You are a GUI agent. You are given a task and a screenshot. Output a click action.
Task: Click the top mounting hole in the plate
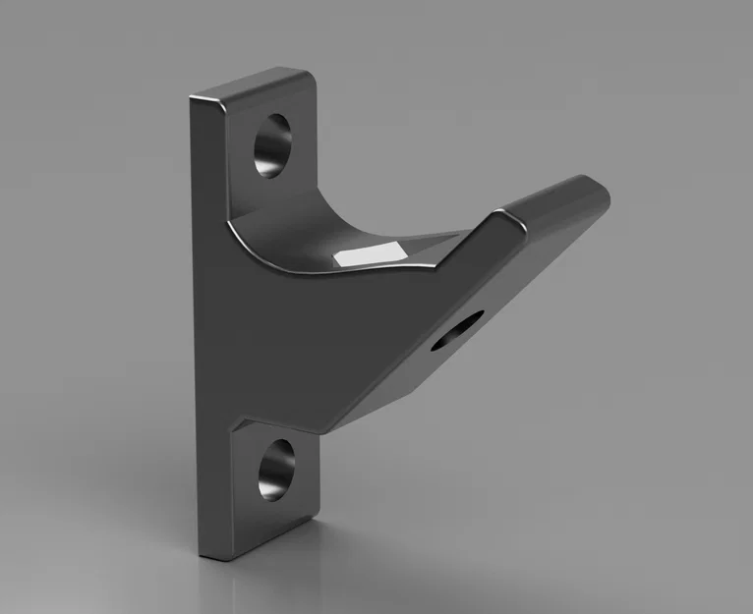(272, 145)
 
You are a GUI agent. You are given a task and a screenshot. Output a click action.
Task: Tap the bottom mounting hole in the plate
(276, 468)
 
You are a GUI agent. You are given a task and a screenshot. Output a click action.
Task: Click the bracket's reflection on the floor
(265, 585)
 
